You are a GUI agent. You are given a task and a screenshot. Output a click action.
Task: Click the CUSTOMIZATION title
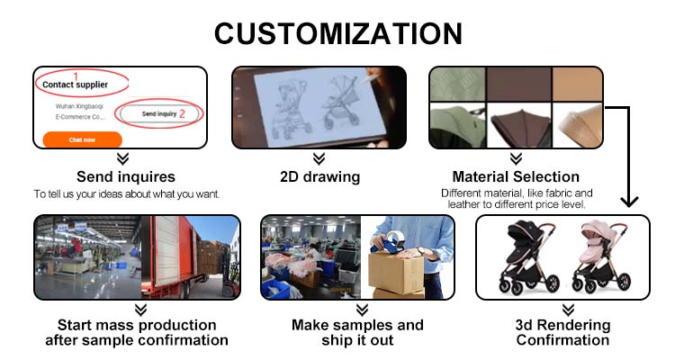coord(337,34)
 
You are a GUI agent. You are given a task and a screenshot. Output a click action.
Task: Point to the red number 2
coord(182,113)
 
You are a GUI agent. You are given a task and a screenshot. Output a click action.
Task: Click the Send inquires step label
coord(126,176)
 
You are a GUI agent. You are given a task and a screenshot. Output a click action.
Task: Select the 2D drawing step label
coord(319,176)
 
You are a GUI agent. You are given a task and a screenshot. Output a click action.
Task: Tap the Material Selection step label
coord(516,176)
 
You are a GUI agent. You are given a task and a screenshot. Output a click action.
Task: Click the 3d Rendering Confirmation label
coord(562,332)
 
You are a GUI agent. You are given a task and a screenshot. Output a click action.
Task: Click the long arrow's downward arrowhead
coord(630,200)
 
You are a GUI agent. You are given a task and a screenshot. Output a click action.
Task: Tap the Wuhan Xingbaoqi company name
coord(80,105)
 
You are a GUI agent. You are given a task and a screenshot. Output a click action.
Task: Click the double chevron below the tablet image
coord(319,158)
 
